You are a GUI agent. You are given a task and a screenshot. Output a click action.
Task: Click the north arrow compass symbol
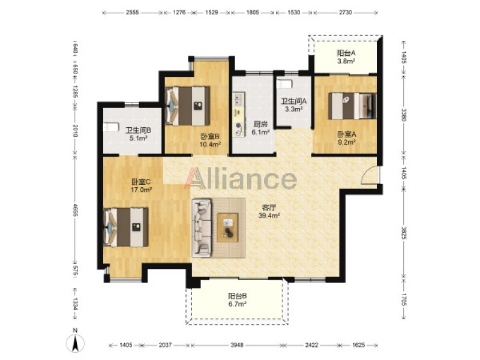click(x=76, y=343)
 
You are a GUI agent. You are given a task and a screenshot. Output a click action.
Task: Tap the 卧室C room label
click(x=141, y=182)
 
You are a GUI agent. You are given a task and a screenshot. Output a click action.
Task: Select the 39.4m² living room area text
click(x=269, y=216)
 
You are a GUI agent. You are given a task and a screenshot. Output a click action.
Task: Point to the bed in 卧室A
click(x=352, y=106)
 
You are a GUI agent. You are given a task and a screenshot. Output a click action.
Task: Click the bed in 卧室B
click(x=187, y=106)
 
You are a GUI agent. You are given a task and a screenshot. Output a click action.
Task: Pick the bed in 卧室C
click(x=126, y=227)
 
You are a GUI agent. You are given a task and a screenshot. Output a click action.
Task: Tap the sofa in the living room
click(x=202, y=228)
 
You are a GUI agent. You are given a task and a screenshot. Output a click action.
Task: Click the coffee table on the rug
click(x=227, y=227)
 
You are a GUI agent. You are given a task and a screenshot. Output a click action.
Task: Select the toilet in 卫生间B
click(x=111, y=127)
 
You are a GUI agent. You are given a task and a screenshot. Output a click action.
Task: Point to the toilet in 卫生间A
click(x=284, y=84)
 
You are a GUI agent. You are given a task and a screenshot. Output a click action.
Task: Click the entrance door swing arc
click(x=368, y=175)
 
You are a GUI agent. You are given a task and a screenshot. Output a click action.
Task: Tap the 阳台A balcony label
click(x=346, y=53)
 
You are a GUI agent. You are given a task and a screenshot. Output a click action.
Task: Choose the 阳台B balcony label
click(x=238, y=296)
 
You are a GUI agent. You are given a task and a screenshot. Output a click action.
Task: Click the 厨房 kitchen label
click(x=260, y=124)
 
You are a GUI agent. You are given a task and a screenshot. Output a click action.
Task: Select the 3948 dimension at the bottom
click(x=237, y=345)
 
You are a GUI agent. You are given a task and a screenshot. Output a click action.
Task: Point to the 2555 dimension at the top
click(x=132, y=13)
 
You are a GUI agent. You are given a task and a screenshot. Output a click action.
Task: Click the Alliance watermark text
click(x=241, y=178)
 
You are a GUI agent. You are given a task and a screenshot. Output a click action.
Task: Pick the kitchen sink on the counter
click(x=238, y=98)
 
